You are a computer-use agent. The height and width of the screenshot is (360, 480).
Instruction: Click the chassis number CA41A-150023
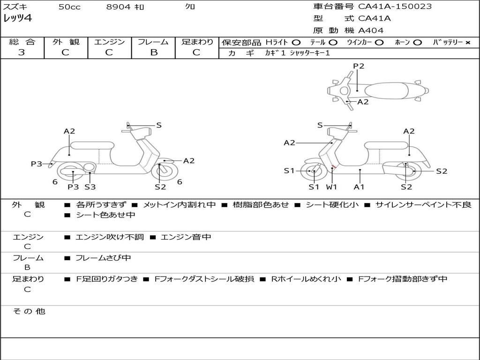coord(395,7)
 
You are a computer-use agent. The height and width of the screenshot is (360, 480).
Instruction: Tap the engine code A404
coord(371,30)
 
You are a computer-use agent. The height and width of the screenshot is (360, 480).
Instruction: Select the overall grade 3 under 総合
coord(22,52)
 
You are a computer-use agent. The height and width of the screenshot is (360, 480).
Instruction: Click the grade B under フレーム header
coord(154,52)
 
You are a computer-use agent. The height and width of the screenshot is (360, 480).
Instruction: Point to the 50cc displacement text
coord(70,7)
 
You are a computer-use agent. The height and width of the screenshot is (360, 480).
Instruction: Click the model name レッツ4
coord(17,18)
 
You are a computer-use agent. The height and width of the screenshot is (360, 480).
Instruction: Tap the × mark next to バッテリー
coord(468,43)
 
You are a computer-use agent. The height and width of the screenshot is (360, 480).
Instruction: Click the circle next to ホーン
coord(417,43)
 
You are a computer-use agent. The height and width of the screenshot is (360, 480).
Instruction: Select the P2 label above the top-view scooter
coord(359,66)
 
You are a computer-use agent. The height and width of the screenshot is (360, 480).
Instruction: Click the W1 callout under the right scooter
coord(331,187)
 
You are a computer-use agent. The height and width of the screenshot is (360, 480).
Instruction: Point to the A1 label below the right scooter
coord(359,187)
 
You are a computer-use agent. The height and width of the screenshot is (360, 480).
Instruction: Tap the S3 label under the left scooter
coord(90,187)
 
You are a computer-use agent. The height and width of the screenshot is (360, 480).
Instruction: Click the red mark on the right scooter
coord(334,167)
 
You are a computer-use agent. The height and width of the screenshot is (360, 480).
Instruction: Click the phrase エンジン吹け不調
coord(110,237)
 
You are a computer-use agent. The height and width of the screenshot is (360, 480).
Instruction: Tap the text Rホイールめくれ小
coord(306,279)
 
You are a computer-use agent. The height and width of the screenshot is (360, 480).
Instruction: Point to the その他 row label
coord(29,311)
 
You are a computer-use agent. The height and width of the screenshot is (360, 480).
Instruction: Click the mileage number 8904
coord(119,7)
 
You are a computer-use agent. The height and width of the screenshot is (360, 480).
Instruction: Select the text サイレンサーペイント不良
coord(423,204)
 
